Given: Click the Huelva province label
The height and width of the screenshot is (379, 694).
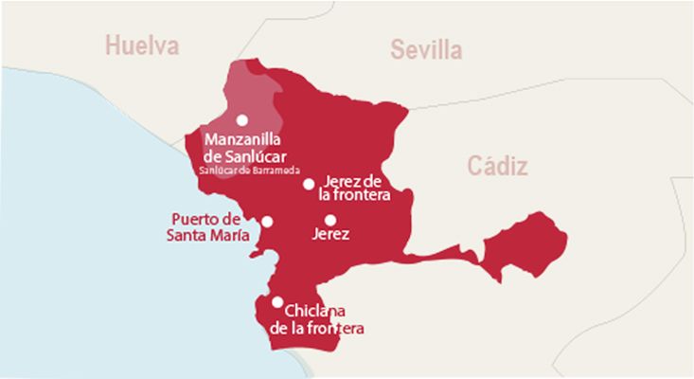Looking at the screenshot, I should tap(143, 45).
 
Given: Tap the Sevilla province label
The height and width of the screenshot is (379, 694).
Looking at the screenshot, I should tap(426, 49).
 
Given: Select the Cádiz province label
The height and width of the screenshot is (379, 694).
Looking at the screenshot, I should tap(497, 167).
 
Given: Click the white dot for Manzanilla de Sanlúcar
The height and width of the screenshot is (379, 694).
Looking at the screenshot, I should tap(242, 119).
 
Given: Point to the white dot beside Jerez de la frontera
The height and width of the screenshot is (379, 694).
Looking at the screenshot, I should tap(309, 184).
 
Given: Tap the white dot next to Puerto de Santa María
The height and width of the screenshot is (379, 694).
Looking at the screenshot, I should tap(267, 222).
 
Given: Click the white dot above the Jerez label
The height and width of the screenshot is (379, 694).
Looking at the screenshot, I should tap(330, 220).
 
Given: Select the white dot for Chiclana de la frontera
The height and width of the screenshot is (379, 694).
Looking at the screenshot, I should tap(277, 302).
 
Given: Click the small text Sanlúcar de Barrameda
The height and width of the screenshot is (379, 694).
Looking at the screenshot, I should tap(250, 171).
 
